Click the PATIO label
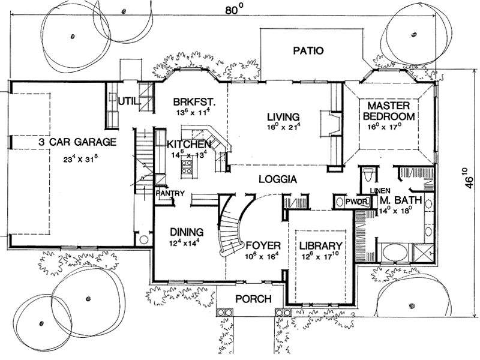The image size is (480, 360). [308, 51]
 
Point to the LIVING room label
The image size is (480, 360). [283, 117]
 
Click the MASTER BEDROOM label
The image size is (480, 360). [388, 111]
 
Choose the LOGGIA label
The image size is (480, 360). [278, 179]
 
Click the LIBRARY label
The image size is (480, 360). [321, 245]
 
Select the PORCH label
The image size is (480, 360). [252, 299]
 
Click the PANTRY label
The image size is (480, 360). [169, 194]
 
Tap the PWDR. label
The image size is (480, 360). [356, 202]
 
